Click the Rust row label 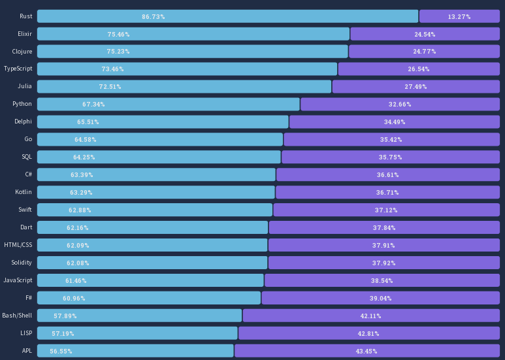pyautogui.click(x=26, y=16)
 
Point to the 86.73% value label pyautogui.click(x=153, y=16)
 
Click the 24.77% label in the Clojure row pyautogui.click(x=425, y=52)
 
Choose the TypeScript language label pyautogui.click(x=18, y=69)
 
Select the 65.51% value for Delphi pyautogui.click(x=88, y=122)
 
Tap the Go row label pyautogui.click(x=28, y=139)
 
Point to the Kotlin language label pyautogui.click(x=24, y=192)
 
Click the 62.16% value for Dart pyautogui.click(x=78, y=227)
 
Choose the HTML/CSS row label pyautogui.click(x=18, y=245)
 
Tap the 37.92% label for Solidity pyautogui.click(x=384, y=263)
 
